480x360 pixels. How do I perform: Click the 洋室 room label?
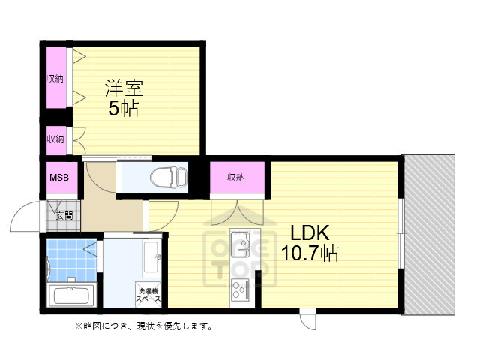point(124,88)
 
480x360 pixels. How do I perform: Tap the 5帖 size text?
point(124,109)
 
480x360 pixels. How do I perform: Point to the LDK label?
point(306,232)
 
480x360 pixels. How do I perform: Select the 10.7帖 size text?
point(309,253)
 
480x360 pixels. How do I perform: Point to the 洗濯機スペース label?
point(148,295)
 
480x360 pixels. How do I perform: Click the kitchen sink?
point(240,241)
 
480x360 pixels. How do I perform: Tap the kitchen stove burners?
point(240,286)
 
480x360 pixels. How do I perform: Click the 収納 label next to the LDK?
point(236,178)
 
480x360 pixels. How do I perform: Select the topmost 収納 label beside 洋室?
point(54,78)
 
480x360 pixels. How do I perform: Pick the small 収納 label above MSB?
point(54,139)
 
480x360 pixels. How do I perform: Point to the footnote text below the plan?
point(142,326)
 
